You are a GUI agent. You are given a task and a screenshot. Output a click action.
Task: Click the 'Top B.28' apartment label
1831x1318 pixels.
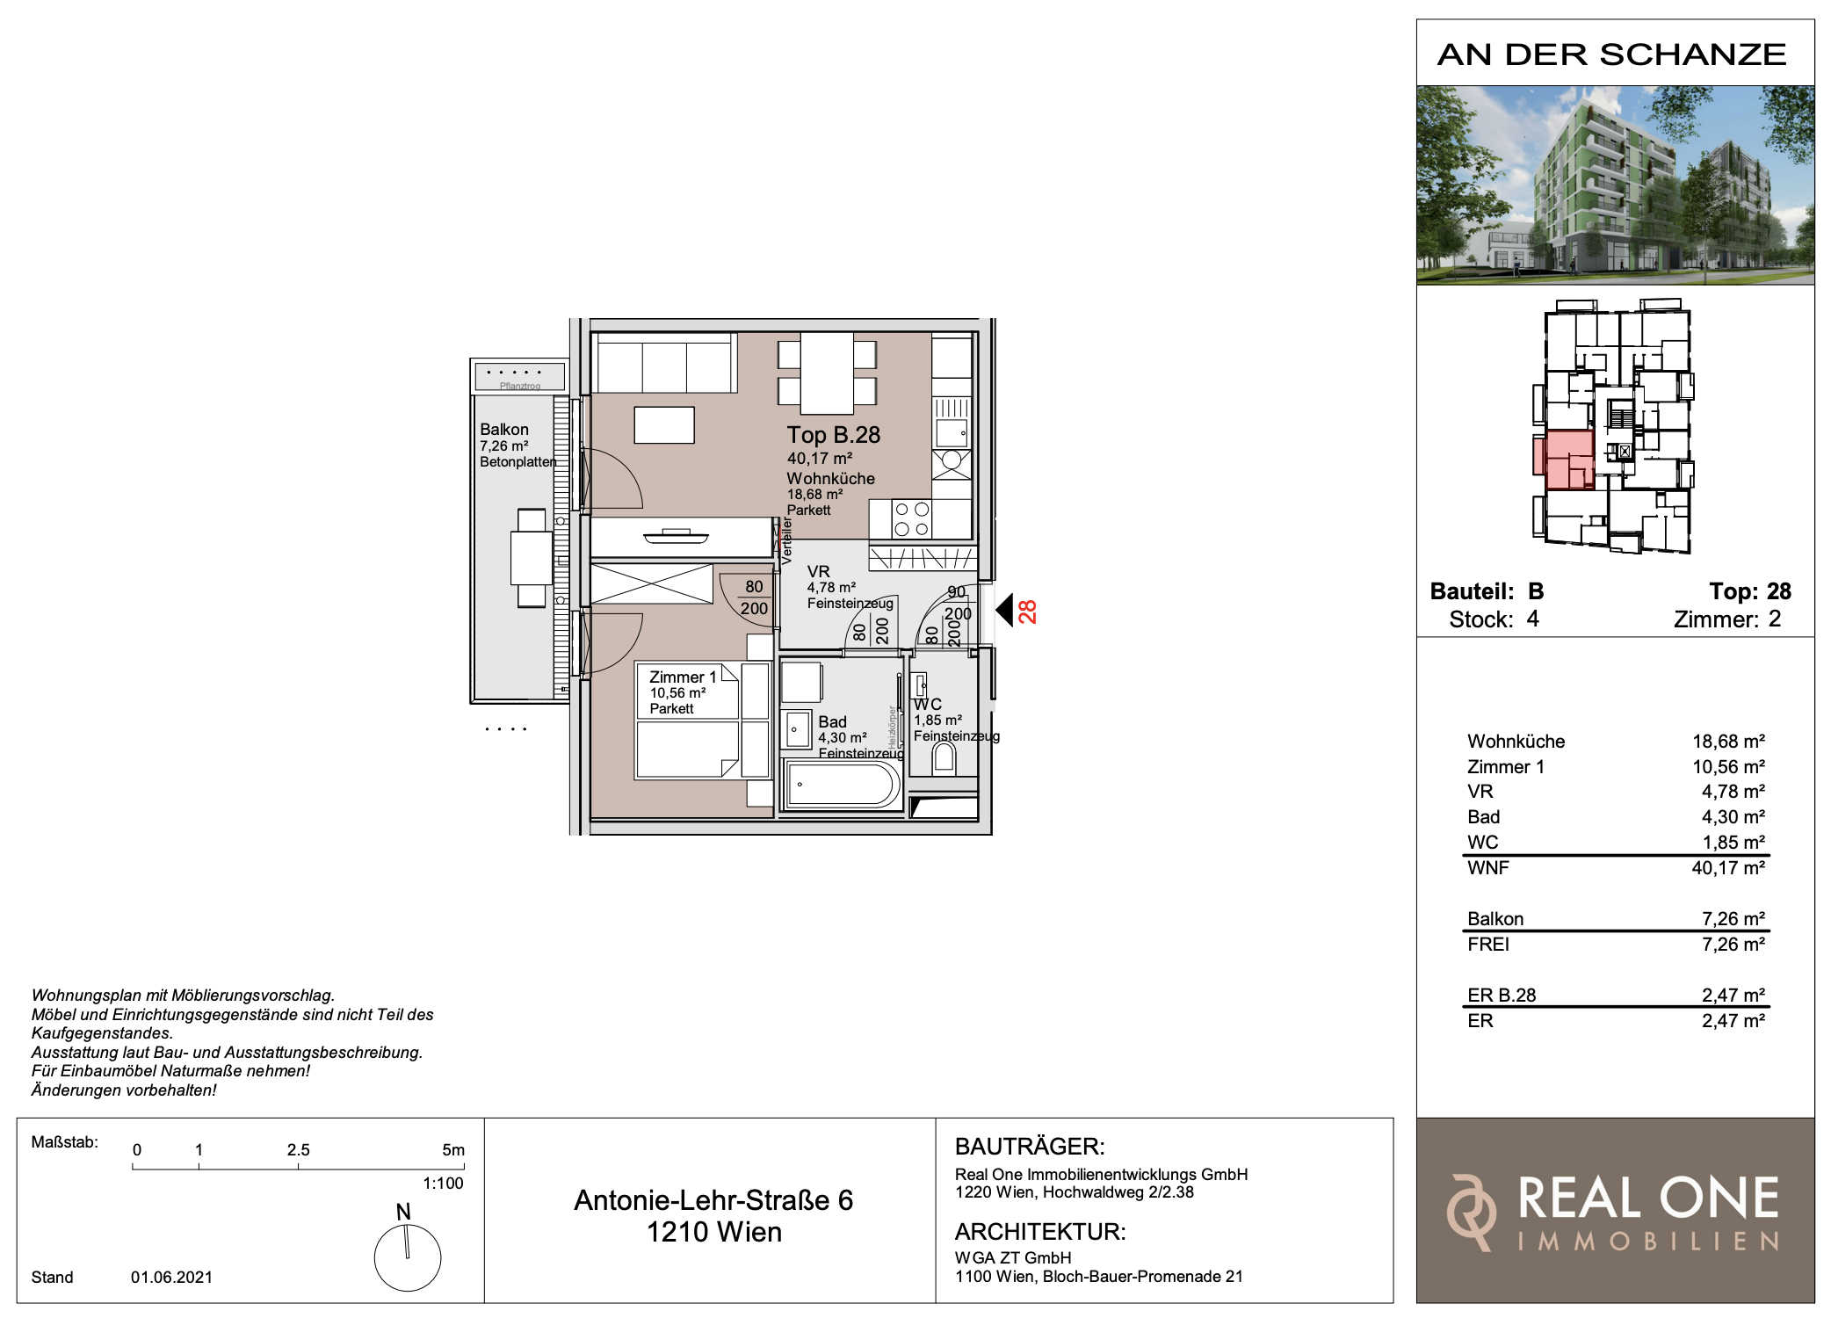(x=833, y=435)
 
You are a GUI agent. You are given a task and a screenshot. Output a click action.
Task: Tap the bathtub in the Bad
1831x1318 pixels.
(x=842, y=784)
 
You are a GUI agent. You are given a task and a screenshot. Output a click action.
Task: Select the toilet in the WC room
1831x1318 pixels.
(x=944, y=757)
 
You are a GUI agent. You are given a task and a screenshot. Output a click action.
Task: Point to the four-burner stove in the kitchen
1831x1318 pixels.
(x=911, y=518)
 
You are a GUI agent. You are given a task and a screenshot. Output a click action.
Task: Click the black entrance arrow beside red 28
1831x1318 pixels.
(x=1004, y=610)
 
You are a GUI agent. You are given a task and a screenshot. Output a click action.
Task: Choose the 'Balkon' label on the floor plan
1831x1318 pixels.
(x=504, y=430)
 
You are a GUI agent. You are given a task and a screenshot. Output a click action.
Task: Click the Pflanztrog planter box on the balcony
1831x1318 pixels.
(x=520, y=376)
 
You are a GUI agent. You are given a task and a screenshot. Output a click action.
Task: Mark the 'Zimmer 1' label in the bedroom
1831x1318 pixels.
(x=683, y=677)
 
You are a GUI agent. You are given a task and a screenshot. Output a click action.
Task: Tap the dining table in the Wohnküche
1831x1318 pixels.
(x=827, y=373)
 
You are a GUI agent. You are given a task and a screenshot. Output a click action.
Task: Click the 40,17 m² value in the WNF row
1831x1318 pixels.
(x=1728, y=868)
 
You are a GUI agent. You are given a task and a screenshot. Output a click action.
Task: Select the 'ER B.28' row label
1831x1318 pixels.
(x=1502, y=996)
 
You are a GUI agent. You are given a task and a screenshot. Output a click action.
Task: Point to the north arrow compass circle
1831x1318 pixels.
(x=408, y=1257)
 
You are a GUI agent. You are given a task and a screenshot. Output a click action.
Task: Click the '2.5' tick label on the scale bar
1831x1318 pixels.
(x=298, y=1150)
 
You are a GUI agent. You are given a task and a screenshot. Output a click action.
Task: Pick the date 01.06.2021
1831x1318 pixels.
(x=171, y=1278)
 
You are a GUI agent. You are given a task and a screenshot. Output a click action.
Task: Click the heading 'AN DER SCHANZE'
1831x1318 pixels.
(x=1612, y=54)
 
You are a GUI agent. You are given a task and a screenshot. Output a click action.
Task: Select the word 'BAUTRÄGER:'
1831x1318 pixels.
(x=1030, y=1147)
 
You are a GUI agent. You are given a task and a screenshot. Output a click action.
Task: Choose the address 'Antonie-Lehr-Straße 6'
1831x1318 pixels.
(x=713, y=1200)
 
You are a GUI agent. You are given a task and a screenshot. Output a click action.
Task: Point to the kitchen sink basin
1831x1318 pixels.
(x=952, y=432)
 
